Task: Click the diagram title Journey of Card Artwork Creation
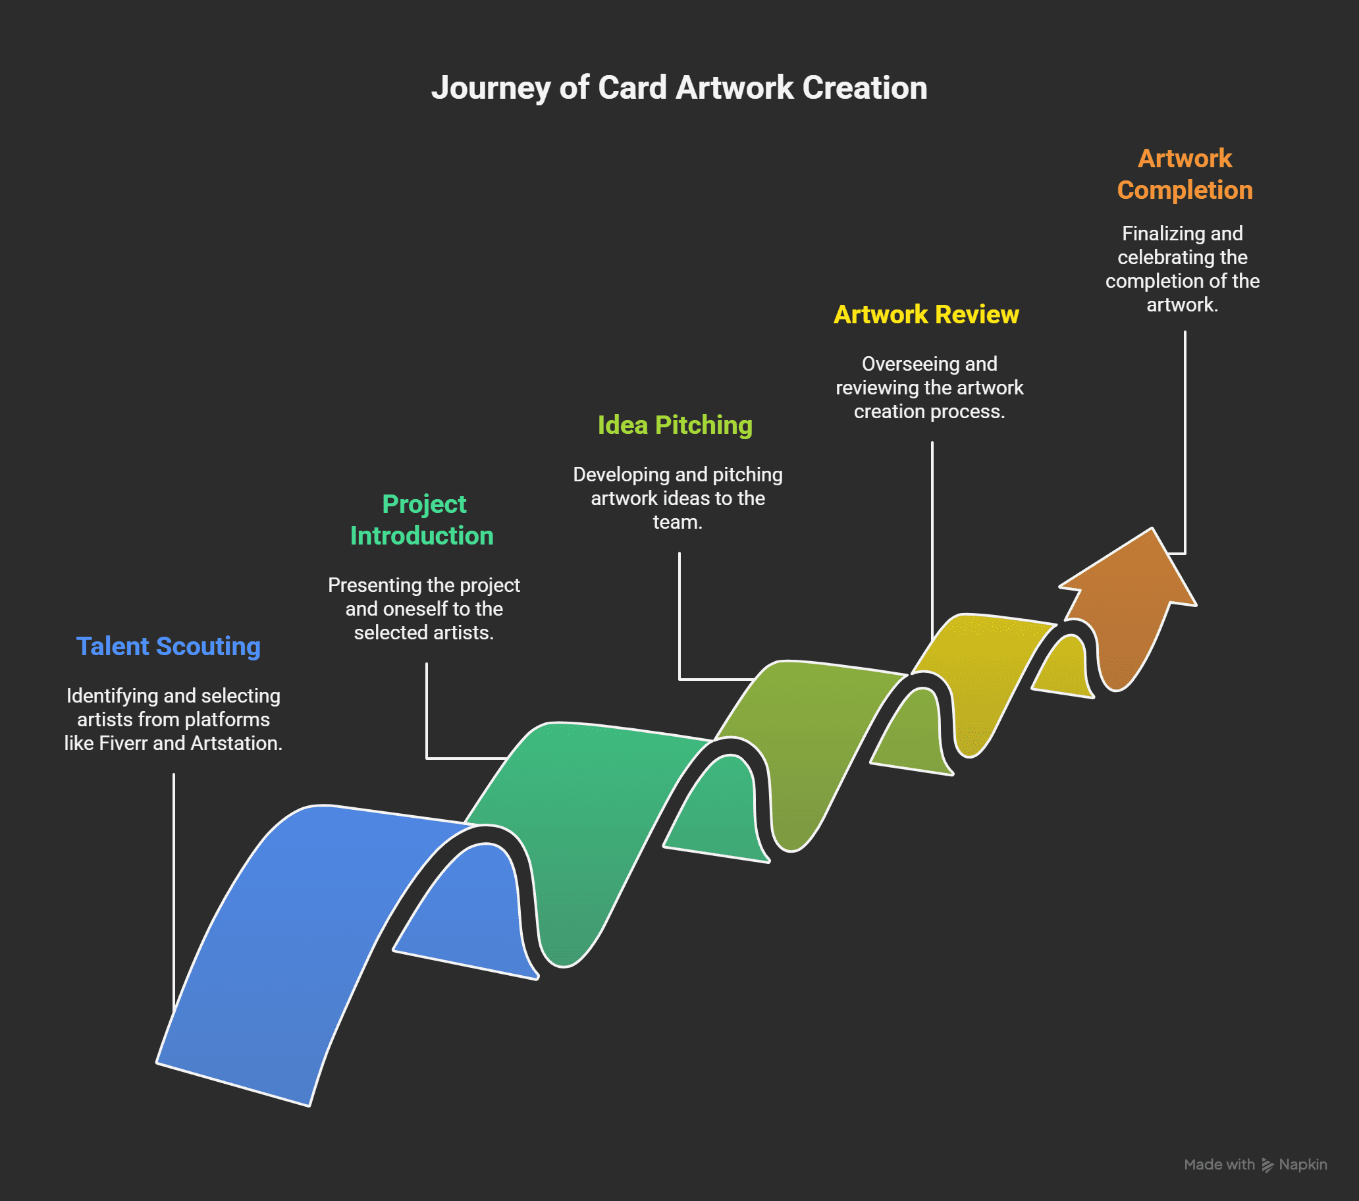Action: pos(679,88)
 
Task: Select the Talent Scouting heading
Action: pos(168,647)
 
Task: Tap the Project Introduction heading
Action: pos(423,520)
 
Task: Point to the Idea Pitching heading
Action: pos(675,425)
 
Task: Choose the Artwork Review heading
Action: pos(926,315)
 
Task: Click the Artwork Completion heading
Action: pos(1184,174)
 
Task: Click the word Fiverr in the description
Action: pos(123,743)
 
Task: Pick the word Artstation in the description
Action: pos(236,743)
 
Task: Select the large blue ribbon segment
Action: pos(286,931)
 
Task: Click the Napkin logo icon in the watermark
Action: pos(1267,1165)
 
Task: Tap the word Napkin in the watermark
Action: pos(1302,1164)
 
